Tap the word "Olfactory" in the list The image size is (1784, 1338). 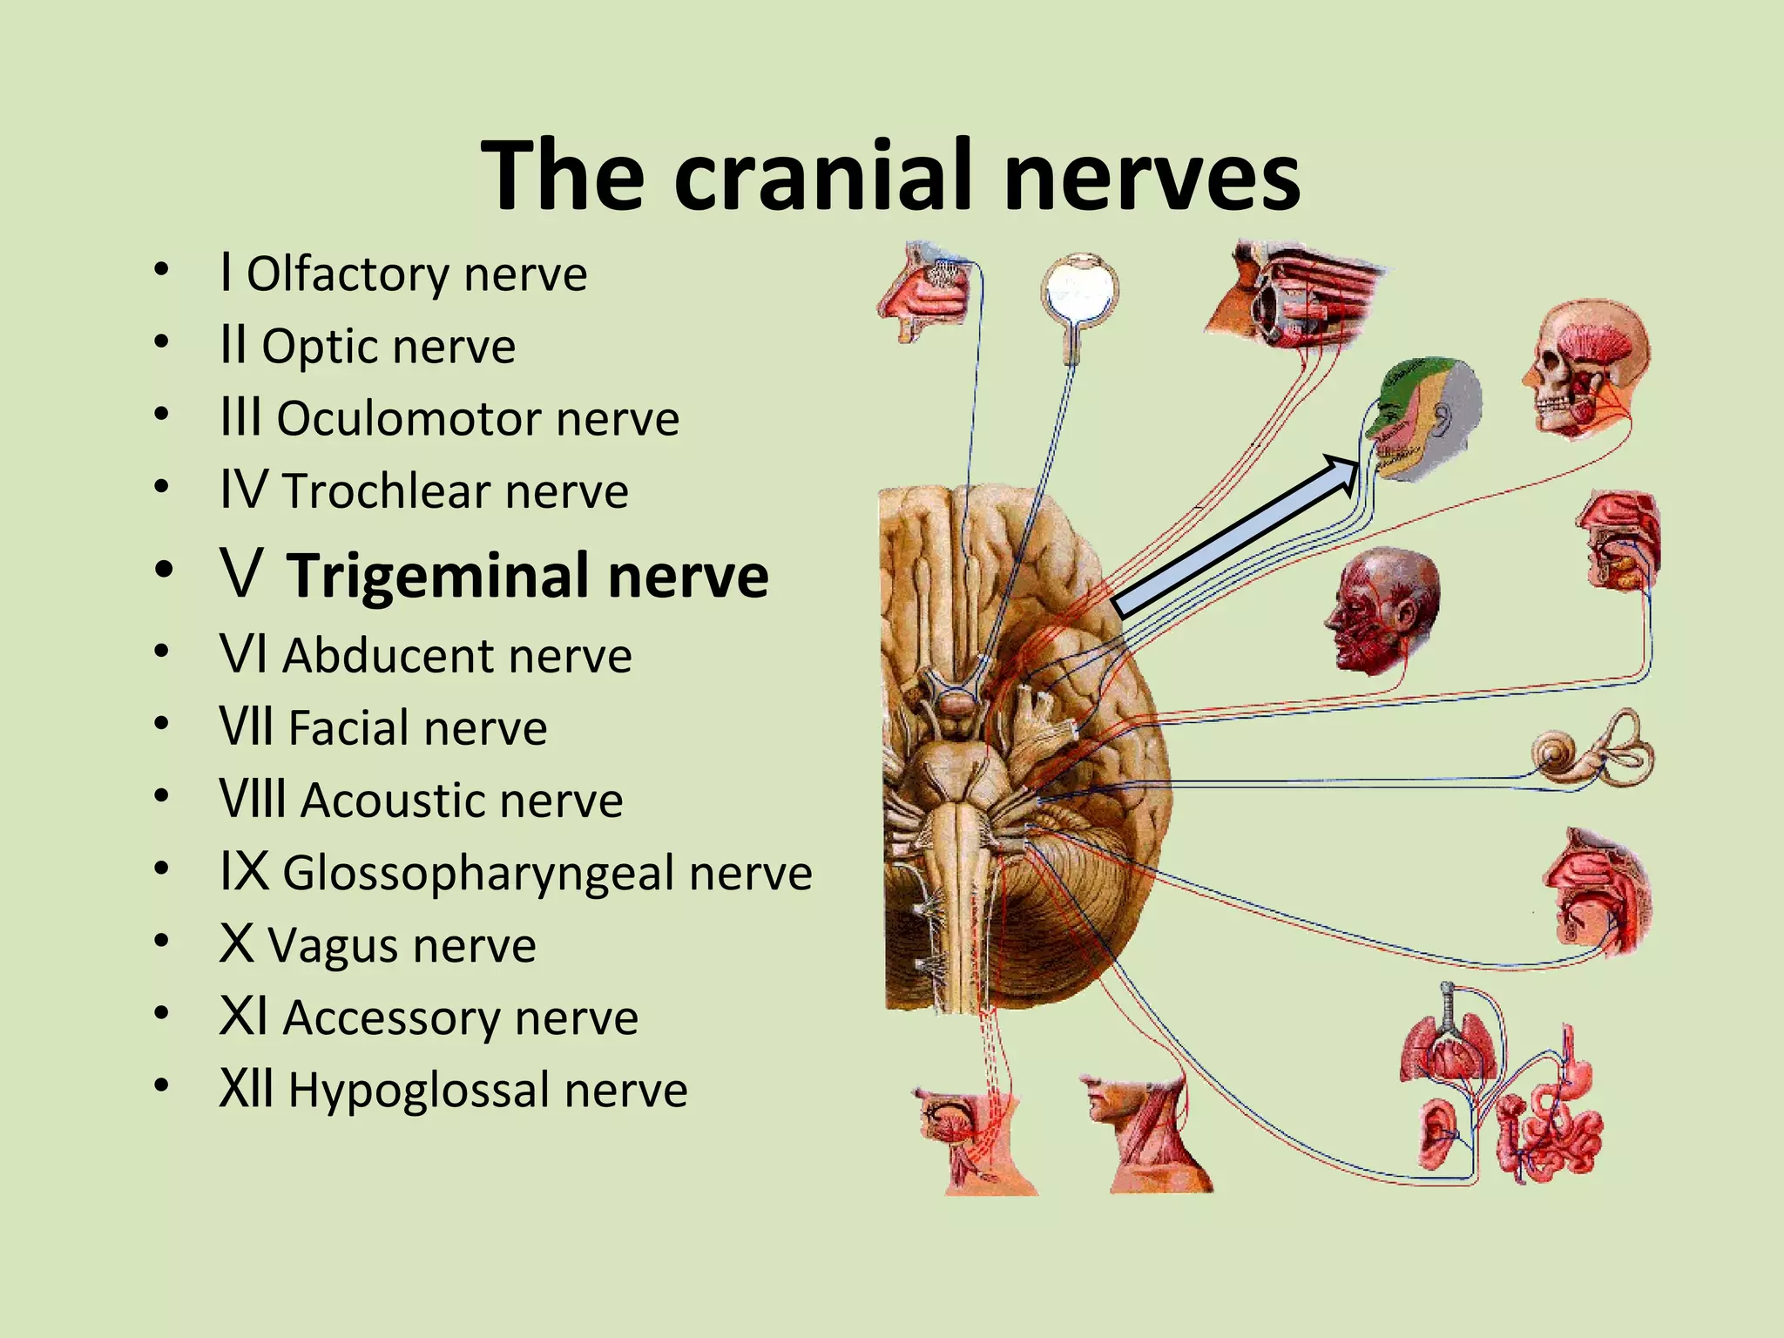(x=347, y=274)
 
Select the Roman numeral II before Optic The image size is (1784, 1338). (x=233, y=345)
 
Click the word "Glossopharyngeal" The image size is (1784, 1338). (x=478, y=873)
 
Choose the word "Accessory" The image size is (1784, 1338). (x=391, y=1018)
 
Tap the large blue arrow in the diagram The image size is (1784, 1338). (x=1237, y=536)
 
